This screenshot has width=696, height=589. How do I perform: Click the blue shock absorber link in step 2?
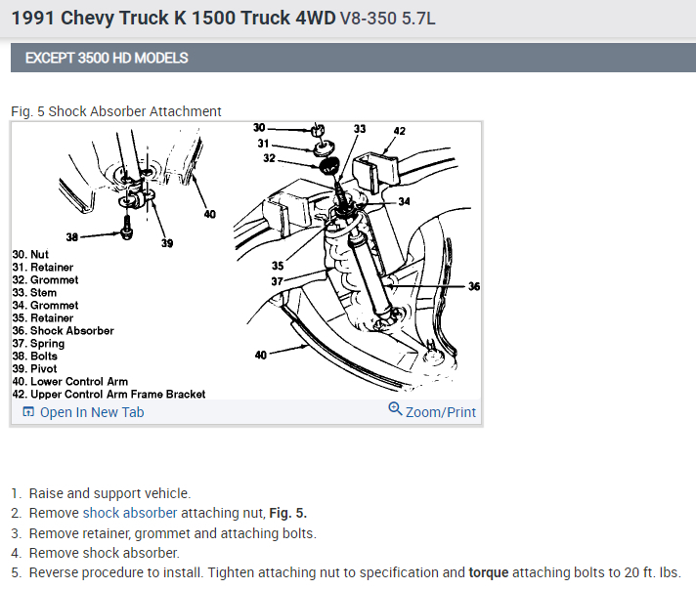click(x=130, y=513)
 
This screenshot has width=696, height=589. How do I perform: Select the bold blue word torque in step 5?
click(x=488, y=572)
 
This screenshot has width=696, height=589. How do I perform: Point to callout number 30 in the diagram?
click(x=259, y=128)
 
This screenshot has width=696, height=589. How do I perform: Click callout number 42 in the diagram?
click(x=399, y=131)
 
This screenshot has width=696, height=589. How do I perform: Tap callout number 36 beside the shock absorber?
click(x=474, y=287)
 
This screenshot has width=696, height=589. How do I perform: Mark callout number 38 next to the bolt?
click(x=71, y=236)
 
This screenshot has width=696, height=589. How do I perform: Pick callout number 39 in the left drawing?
click(x=167, y=243)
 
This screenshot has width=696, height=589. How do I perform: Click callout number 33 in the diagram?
click(x=360, y=129)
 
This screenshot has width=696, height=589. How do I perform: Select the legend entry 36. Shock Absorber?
click(x=63, y=330)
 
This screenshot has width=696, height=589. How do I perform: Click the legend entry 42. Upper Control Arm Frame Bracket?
click(x=109, y=394)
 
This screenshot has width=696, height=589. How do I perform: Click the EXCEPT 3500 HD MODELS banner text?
click(x=107, y=58)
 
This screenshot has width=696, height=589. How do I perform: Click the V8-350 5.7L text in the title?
click(x=395, y=18)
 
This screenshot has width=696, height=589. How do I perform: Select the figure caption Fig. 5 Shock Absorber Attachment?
click(x=116, y=111)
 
